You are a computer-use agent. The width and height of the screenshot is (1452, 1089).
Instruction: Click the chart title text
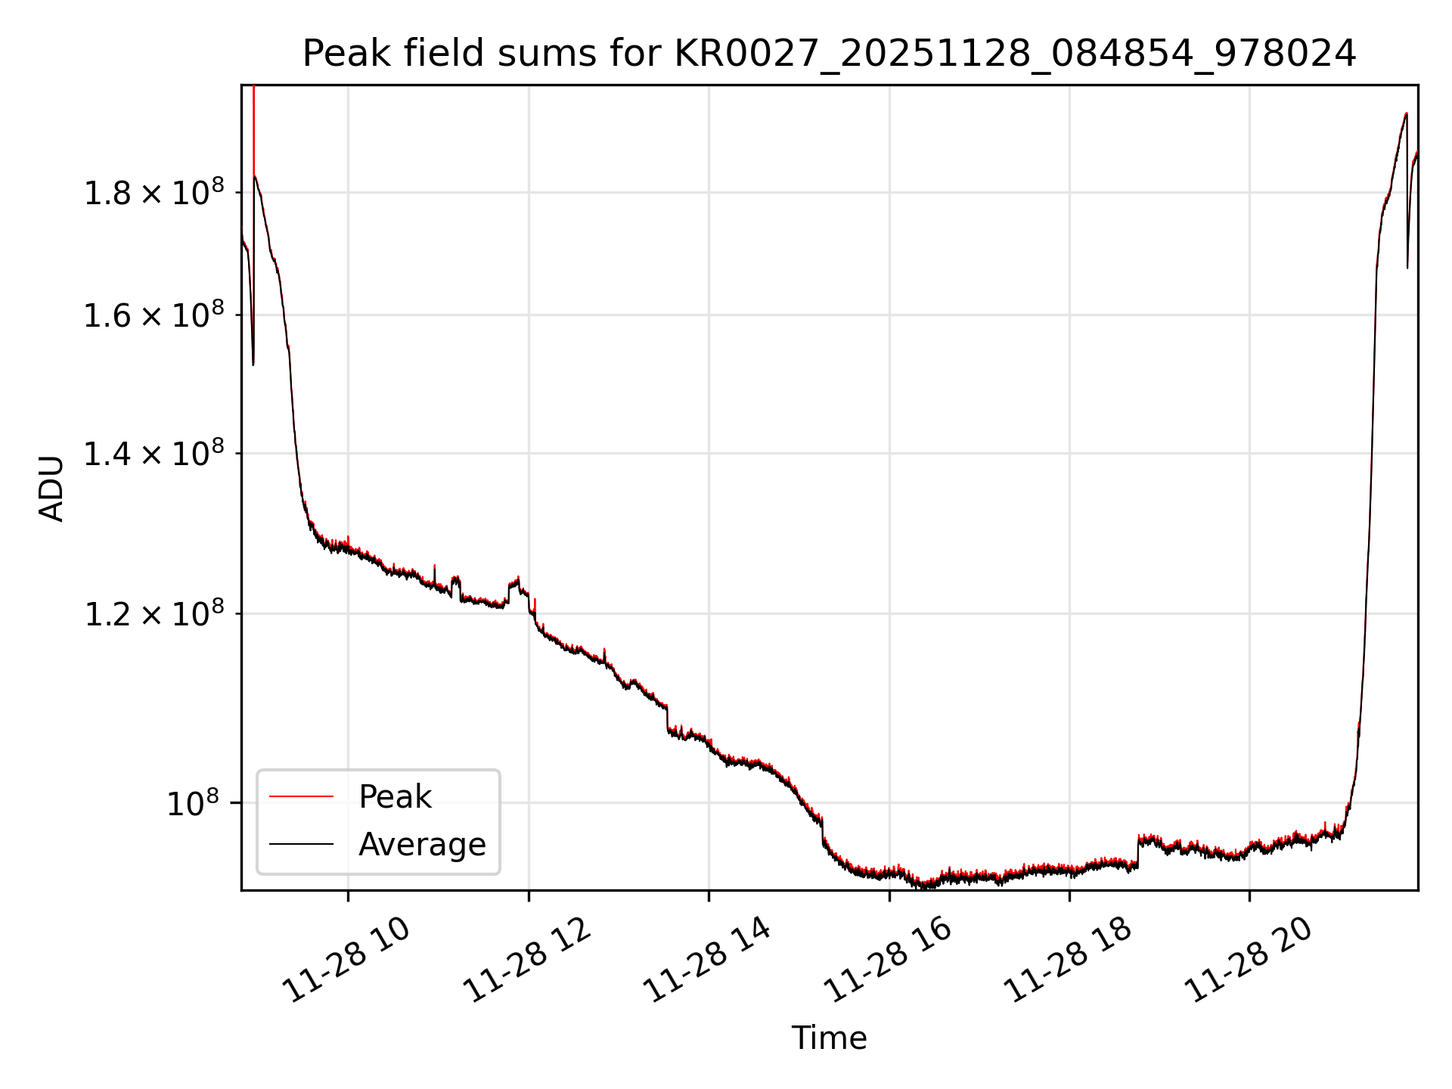coord(829,54)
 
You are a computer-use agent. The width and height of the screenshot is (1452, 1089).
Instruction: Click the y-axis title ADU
coord(51,489)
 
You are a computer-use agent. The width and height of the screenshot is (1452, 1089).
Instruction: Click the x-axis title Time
coord(829,1038)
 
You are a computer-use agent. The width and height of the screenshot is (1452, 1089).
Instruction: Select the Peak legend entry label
coord(395,797)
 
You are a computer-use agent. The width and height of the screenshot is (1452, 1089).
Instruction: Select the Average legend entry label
coord(422,844)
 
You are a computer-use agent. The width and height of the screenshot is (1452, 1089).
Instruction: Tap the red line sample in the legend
coord(301,796)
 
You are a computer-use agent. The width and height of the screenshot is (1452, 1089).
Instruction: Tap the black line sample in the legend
coord(301,844)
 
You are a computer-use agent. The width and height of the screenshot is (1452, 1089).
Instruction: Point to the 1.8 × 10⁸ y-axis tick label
coord(154,192)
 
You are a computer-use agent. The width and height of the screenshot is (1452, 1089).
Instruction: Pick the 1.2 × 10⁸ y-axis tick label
coord(154,613)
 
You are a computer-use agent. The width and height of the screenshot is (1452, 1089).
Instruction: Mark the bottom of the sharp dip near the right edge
coord(1407,266)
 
